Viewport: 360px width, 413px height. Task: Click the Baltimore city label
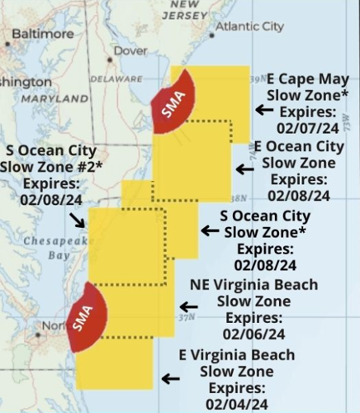pyautogui.click(x=42, y=34)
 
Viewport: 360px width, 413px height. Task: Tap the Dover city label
pyautogui.click(x=130, y=50)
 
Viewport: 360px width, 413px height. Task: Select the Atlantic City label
pyautogui.click(x=249, y=26)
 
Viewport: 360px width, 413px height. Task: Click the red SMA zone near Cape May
pyautogui.click(x=173, y=102)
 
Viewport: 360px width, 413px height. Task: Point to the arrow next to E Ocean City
pyautogui.click(x=244, y=169)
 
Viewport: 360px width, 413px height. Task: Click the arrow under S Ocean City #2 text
pyautogui.click(x=76, y=219)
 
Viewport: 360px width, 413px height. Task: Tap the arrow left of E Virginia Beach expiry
pyautogui.click(x=170, y=378)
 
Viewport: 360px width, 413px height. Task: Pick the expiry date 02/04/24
pyautogui.click(x=238, y=404)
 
